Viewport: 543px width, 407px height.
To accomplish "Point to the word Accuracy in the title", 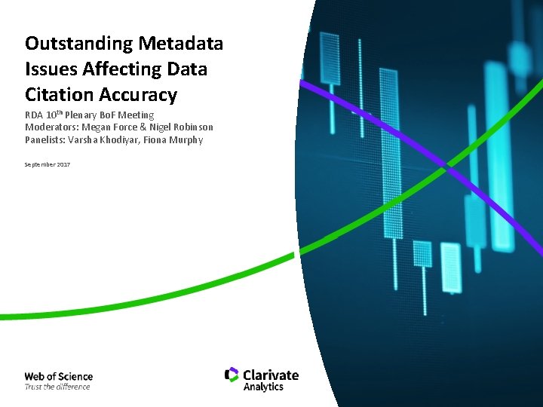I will (140, 95).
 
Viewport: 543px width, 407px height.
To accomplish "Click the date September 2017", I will (47, 164).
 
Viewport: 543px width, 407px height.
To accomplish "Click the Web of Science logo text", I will (58, 376).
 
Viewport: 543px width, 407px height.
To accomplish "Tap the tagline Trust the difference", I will (57, 387).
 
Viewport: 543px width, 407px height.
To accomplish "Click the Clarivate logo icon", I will (232, 375).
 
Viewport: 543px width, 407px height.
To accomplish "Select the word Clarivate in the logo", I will (271, 375).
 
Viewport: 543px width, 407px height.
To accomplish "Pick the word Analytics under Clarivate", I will (263, 387).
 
